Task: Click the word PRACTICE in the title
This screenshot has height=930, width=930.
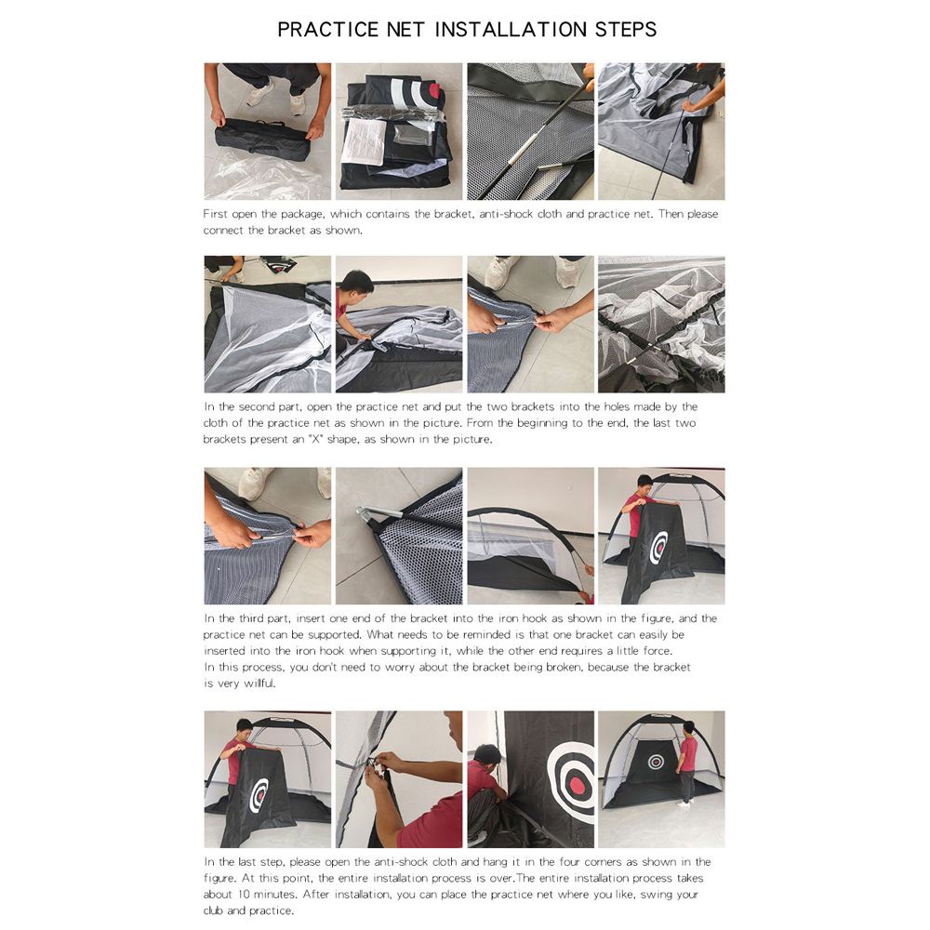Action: coord(327,30)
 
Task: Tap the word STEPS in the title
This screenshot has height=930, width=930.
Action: coord(626,30)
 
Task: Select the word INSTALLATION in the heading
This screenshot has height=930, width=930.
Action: coord(511,30)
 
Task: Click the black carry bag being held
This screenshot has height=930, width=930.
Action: coord(262,139)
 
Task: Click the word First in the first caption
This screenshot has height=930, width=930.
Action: coord(215,214)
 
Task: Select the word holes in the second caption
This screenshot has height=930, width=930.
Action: coord(617,407)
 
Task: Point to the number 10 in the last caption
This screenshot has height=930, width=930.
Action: coord(244,895)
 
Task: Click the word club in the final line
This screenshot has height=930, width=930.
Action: coord(214,910)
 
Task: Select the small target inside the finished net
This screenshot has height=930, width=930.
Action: coord(656,762)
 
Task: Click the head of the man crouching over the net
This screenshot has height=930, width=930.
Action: coord(357,283)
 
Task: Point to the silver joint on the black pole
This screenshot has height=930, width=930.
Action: coord(520,154)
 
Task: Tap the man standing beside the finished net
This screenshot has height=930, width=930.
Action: coord(687,763)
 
